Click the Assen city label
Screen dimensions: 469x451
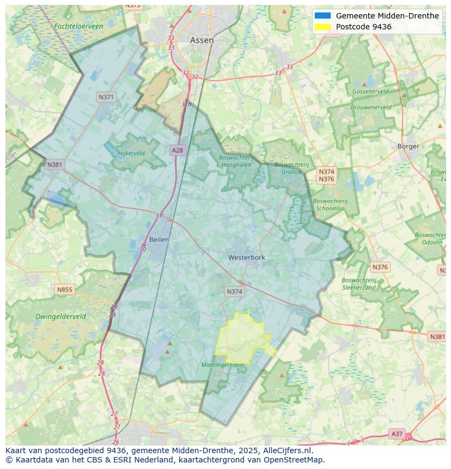tap(202, 40)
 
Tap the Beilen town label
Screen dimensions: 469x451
tap(159, 240)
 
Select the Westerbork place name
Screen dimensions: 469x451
tap(247, 258)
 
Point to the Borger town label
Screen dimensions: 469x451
tap(408, 147)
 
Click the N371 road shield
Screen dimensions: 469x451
tap(106, 98)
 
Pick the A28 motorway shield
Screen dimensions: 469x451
tap(177, 150)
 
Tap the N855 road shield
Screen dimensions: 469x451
tap(64, 290)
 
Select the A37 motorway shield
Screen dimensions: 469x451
tap(397, 434)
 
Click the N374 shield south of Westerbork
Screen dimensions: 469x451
tap(234, 292)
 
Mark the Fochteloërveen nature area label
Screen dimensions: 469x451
tap(78, 26)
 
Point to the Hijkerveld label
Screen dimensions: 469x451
tap(131, 154)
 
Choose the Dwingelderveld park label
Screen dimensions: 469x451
tap(60, 316)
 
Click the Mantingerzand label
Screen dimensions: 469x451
tap(222, 365)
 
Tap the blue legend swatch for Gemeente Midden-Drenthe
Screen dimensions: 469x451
tap(322, 16)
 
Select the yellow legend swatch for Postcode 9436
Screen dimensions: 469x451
tap(322, 27)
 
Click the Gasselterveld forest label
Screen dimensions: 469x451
tap(370, 92)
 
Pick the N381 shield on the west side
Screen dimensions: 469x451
tap(54, 165)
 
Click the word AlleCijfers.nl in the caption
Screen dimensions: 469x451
tap(285, 450)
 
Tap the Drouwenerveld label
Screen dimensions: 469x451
tap(370, 107)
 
